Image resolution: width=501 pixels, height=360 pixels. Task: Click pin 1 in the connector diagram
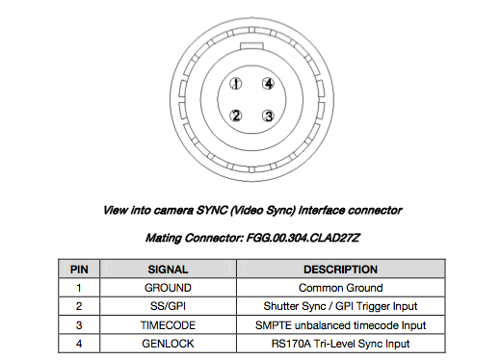pos(235,84)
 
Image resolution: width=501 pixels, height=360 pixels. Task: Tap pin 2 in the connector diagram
pos(234,116)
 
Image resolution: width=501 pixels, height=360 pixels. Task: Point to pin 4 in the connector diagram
pos(269,84)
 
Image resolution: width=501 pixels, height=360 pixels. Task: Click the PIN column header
pos(81,270)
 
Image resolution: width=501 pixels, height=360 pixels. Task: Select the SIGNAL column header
pos(168,270)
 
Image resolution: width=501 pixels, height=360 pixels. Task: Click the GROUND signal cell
pos(168,288)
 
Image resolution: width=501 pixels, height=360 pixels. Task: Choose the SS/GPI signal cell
pos(168,306)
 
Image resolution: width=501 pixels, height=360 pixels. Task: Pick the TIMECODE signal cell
pos(168,324)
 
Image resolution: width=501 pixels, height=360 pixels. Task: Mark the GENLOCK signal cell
pos(168,343)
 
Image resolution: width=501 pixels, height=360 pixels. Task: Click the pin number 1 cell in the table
pos(81,288)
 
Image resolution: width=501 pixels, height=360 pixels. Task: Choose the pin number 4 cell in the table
pos(81,343)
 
